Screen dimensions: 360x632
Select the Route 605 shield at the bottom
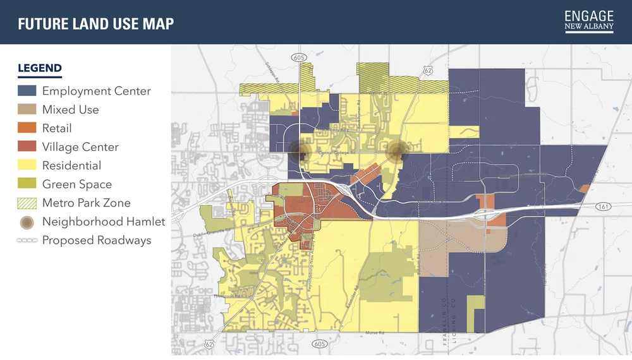(319, 344)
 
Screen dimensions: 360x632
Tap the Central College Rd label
(336, 153)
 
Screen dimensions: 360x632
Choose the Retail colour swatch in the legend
(27, 128)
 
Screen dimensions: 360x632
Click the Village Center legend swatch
(27, 147)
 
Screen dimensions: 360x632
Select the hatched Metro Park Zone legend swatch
(27, 203)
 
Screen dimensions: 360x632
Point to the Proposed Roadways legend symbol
(27, 241)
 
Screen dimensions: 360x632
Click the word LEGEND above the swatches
(40, 68)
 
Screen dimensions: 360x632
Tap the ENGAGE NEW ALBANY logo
(589, 21)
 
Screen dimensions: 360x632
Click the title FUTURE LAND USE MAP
(96, 24)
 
